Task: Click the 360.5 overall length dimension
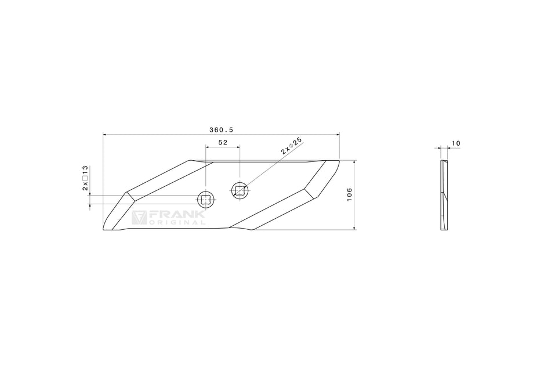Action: click(222, 129)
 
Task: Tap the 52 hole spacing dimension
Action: click(223, 142)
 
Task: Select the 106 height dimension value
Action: click(349, 194)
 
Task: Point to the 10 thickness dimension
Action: click(455, 143)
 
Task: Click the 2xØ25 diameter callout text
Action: click(292, 145)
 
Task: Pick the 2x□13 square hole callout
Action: click(85, 178)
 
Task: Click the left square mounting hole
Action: click(205, 200)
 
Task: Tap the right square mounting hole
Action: click(240, 189)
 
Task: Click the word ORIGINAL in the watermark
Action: click(177, 223)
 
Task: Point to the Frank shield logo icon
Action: click(139, 218)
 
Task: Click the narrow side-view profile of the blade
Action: click(444, 194)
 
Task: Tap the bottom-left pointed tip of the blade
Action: click(105, 229)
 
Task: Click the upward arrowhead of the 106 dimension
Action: click(354, 162)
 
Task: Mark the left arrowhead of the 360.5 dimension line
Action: click(105, 135)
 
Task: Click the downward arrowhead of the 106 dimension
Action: click(354, 228)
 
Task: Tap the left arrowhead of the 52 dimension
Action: click(207, 147)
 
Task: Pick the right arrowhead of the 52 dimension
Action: click(238, 147)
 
